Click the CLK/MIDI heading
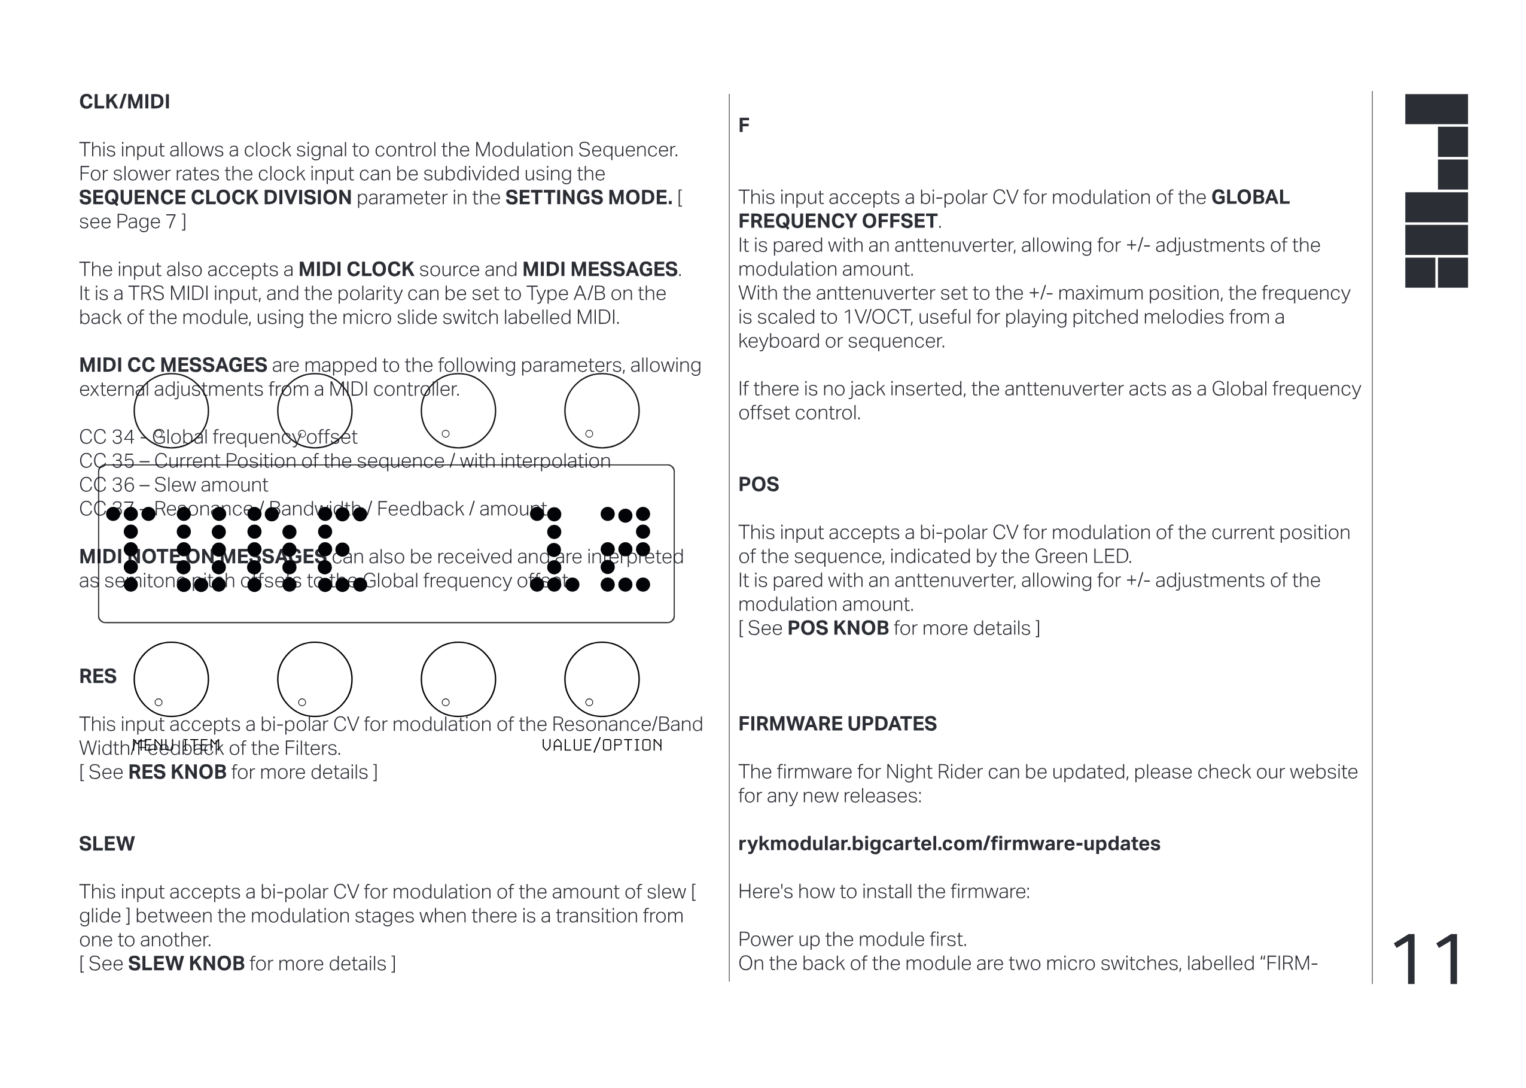click(x=124, y=102)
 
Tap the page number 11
click(x=1427, y=960)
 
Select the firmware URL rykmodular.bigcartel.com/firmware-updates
click(x=949, y=843)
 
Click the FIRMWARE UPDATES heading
click(x=837, y=724)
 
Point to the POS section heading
click(x=758, y=484)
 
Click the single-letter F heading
click(x=744, y=125)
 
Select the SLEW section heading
click(x=106, y=843)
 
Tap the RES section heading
click(x=98, y=676)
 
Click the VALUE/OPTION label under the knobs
click(x=601, y=745)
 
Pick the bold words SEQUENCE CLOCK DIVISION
click(x=215, y=197)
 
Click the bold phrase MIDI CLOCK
click(x=355, y=269)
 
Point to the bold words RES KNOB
click(x=177, y=772)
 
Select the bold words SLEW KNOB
click(x=186, y=964)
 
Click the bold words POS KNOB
click(x=837, y=628)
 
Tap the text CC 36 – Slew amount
click(x=173, y=484)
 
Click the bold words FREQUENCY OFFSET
click(x=837, y=221)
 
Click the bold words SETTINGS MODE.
click(x=588, y=197)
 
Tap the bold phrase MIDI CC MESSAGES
click(x=173, y=365)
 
